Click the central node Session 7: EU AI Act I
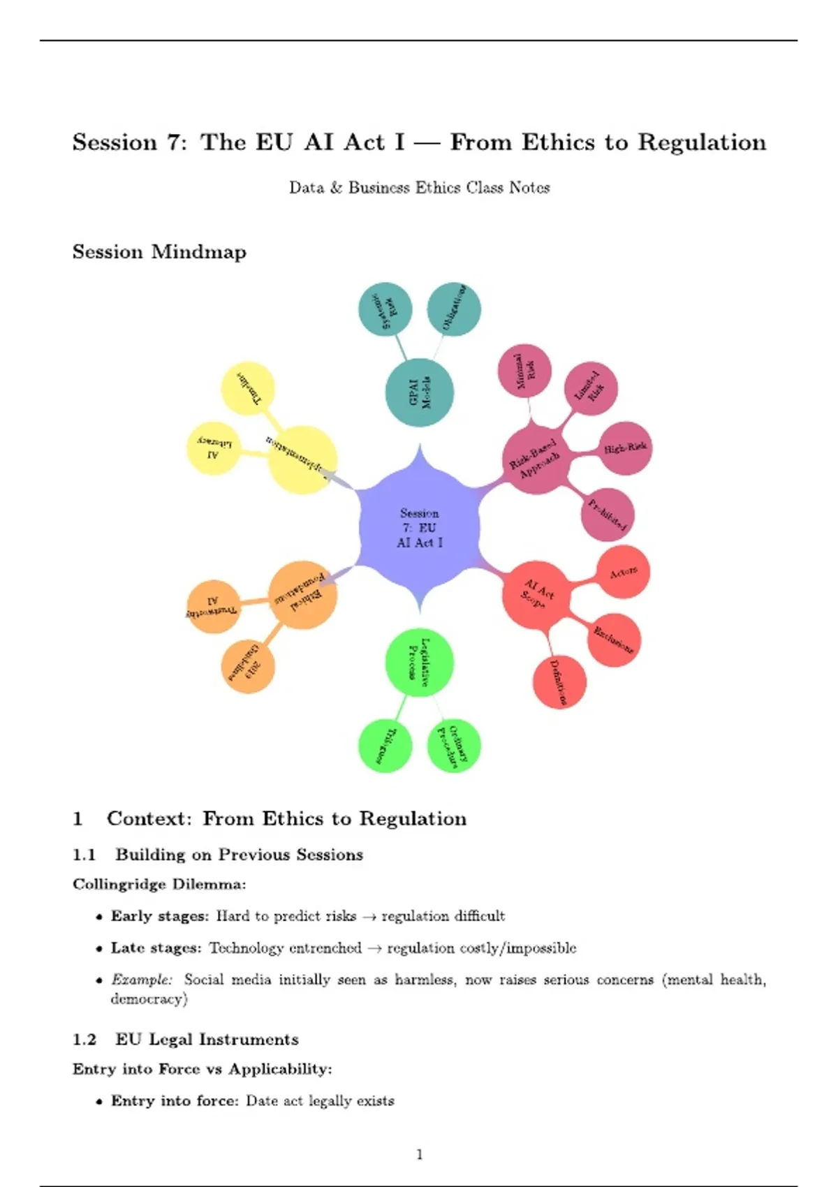[419, 529]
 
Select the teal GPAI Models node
[420, 392]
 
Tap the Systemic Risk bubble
[385, 309]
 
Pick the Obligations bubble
[454, 309]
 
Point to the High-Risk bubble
[625, 448]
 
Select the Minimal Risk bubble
[525, 371]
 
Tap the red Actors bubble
[623, 573]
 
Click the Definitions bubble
[559, 682]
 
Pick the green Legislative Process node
[420, 663]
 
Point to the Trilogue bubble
[385, 746]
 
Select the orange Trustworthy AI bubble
[213, 606]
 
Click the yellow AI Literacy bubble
[213, 448]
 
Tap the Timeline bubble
[248, 389]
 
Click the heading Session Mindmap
[159, 252]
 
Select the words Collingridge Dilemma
[159, 885]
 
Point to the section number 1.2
[84, 1040]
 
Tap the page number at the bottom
[419, 1154]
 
